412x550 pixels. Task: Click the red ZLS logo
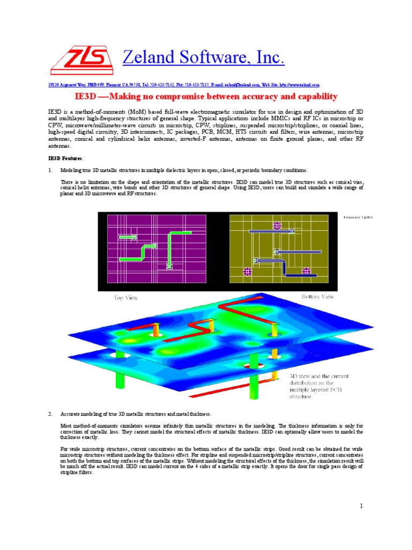point(81,59)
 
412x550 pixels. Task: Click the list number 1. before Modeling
point(50,170)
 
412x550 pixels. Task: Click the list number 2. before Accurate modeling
point(50,414)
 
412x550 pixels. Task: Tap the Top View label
point(126,298)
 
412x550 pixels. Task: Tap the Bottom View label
point(318,296)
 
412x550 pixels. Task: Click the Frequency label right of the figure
point(358,217)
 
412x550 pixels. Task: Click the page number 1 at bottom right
point(362,506)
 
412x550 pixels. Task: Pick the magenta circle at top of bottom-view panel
point(277,226)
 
